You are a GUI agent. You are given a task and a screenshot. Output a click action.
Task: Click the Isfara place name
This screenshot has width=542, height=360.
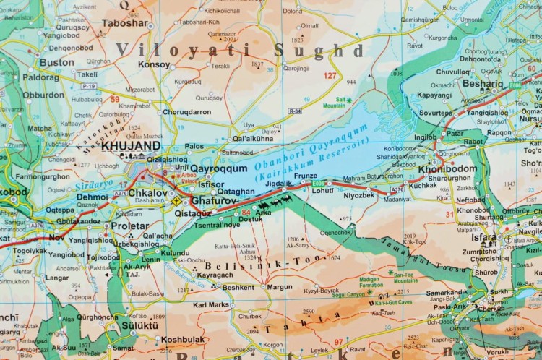click(x=485, y=237)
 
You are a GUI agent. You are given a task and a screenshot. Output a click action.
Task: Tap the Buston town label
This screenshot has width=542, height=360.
click(x=56, y=63)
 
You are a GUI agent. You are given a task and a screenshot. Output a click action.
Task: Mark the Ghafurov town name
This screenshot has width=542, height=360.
click(x=215, y=202)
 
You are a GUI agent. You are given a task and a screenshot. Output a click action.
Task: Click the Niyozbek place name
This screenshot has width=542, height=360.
click(x=358, y=194)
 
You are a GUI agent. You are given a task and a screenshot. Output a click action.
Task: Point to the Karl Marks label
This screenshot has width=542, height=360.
click(x=212, y=305)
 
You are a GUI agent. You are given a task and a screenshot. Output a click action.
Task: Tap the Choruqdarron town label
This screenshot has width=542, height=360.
click(x=186, y=112)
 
